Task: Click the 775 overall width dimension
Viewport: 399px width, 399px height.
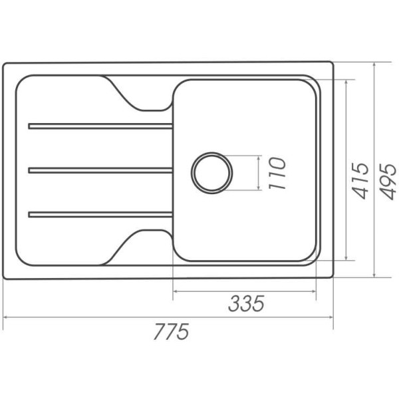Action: pos(172,331)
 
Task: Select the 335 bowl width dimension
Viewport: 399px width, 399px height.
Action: pos(246,303)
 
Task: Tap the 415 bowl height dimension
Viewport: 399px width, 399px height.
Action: pos(360,180)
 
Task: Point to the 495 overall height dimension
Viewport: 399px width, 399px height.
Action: pos(388,181)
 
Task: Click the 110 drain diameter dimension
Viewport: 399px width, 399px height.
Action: pos(277,174)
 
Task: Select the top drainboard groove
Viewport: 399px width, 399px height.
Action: pos(100,126)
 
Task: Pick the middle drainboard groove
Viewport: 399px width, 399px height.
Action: pos(100,170)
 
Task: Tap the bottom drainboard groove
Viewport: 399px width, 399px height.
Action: pos(100,215)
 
